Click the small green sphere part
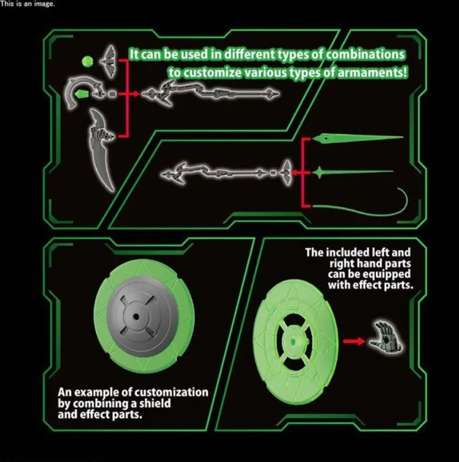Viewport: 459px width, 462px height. point(87,61)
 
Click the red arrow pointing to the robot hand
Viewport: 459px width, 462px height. point(354,342)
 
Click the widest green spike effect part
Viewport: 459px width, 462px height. point(358,138)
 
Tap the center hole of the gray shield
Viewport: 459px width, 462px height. point(136,316)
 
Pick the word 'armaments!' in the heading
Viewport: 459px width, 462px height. point(372,73)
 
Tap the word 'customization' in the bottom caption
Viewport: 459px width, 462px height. point(171,393)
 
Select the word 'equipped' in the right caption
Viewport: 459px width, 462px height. point(386,275)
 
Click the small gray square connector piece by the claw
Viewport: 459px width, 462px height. point(112,94)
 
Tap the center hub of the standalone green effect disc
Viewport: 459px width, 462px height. point(293,342)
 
